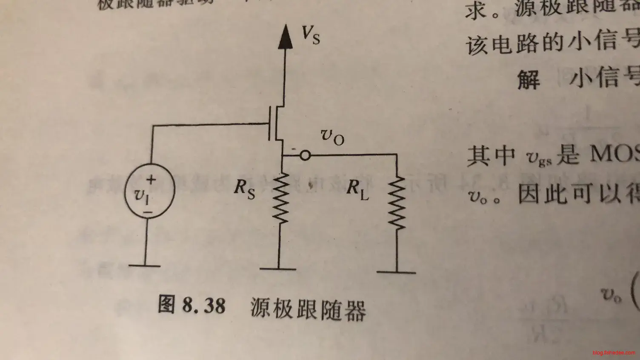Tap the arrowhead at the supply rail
(286, 37)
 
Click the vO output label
(332, 137)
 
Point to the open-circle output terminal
(305, 156)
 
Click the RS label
(244, 189)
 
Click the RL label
(357, 189)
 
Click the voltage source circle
(149, 191)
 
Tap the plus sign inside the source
(151, 180)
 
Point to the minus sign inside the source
(148, 211)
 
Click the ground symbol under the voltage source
(145, 266)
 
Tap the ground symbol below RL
(396, 272)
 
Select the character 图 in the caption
(167, 304)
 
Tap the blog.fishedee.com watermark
(614, 353)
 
